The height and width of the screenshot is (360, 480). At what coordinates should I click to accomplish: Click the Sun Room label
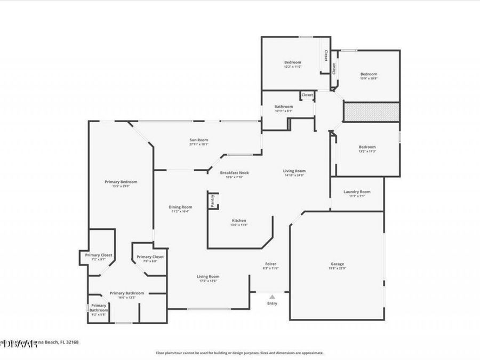pyautogui.click(x=198, y=140)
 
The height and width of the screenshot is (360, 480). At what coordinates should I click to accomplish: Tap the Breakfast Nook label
pyautogui.click(x=235, y=173)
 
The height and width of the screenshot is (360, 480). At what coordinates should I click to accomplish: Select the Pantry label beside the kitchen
pyautogui.click(x=212, y=201)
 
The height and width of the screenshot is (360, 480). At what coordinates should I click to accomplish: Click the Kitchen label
pyautogui.click(x=238, y=221)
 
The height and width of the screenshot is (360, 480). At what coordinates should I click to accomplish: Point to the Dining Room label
pyautogui.click(x=181, y=207)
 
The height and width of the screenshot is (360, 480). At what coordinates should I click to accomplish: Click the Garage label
pyautogui.click(x=337, y=264)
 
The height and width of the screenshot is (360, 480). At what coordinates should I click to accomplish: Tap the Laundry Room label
pyautogui.click(x=357, y=192)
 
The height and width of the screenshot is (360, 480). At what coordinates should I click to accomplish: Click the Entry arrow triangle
pyautogui.click(x=272, y=297)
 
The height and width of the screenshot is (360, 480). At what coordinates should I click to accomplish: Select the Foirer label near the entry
pyautogui.click(x=270, y=264)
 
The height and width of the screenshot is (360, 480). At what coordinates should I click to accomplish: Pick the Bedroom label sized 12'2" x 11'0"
pyautogui.click(x=292, y=62)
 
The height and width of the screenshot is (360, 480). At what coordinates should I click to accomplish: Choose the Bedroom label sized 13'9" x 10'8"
pyautogui.click(x=369, y=74)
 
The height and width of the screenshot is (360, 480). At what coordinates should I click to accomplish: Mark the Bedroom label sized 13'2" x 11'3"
pyautogui.click(x=367, y=147)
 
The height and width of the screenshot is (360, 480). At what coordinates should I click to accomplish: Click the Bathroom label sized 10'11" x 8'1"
pyautogui.click(x=284, y=107)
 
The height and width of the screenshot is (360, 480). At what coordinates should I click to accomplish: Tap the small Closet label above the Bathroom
pyautogui.click(x=307, y=95)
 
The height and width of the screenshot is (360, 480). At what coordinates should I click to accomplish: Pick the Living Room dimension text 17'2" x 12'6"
pyautogui.click(x=208, y=281)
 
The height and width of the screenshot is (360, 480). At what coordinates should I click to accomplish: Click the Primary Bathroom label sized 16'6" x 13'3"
pyautogui.click(x=127, y=293)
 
